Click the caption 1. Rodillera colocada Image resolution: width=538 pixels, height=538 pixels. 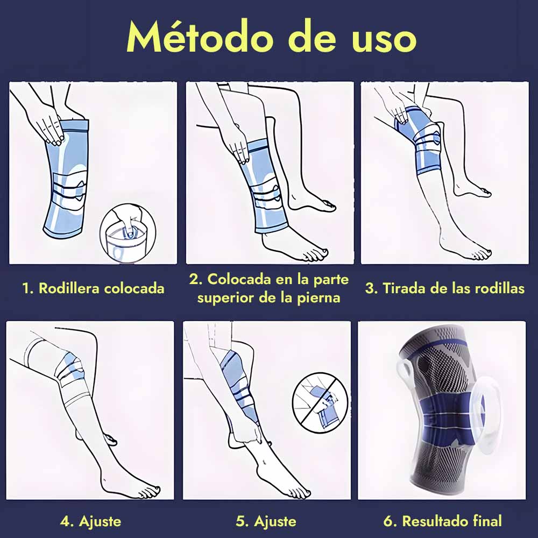click(93, 288)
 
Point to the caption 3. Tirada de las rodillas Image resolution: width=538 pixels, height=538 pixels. click(445, 288)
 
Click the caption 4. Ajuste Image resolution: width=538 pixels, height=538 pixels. click(90, 521)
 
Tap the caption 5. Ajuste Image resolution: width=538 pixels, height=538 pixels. click(266, 521)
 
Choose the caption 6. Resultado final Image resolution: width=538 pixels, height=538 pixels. click(443, 521)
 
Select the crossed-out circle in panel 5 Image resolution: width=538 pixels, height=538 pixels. click(321, 402)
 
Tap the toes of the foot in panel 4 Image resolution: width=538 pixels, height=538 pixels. click(147, 491)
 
